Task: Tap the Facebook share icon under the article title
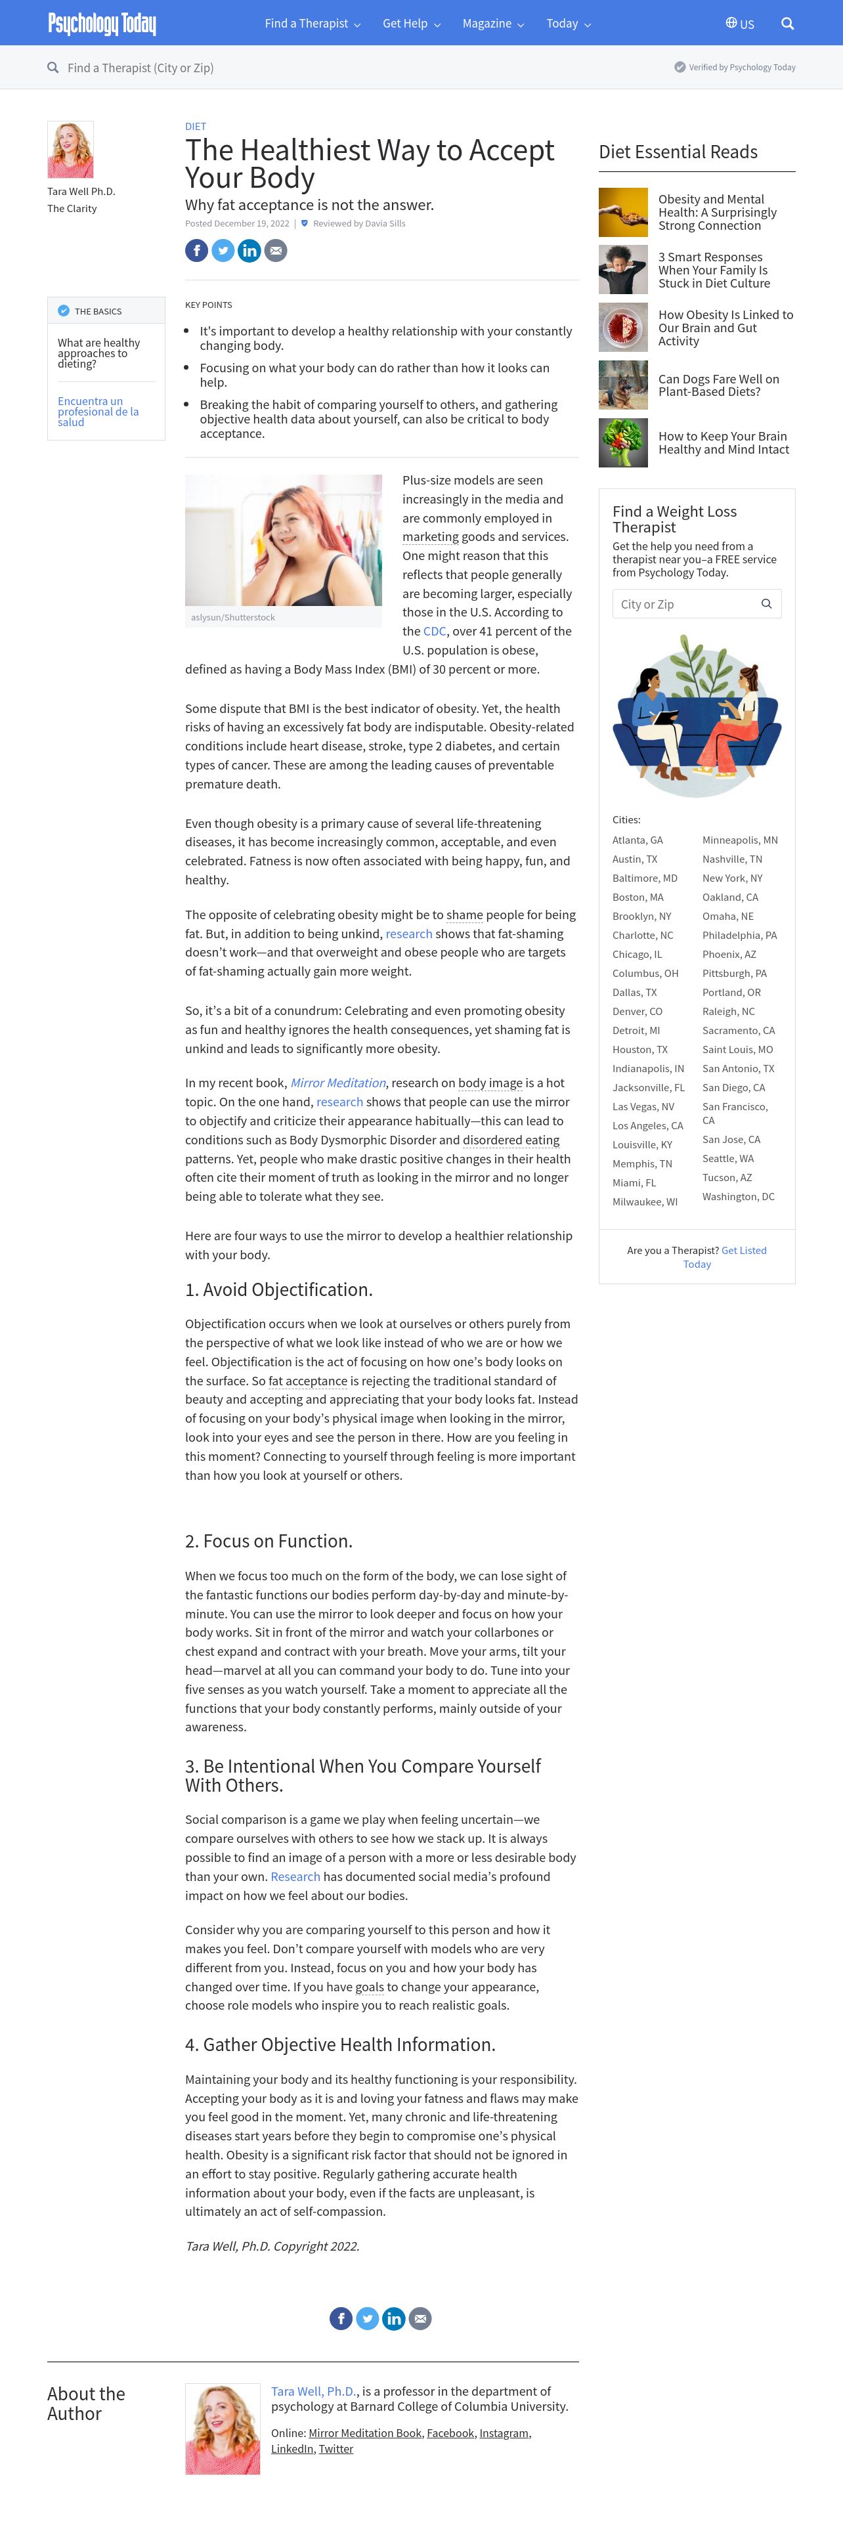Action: click(196, 250)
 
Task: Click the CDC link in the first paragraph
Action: click(435, 632)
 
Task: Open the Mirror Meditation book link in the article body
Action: click(337, 1083)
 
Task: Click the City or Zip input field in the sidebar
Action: click(687, 604)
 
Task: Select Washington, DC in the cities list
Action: click(738, 1197)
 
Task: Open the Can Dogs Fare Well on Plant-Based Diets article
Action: click(718, 385)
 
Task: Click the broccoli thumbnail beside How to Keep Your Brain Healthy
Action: click(623, 443)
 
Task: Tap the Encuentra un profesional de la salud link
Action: click(98, 412)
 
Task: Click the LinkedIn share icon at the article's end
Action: click(393, 2318)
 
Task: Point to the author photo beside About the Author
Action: click(223, 2428)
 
